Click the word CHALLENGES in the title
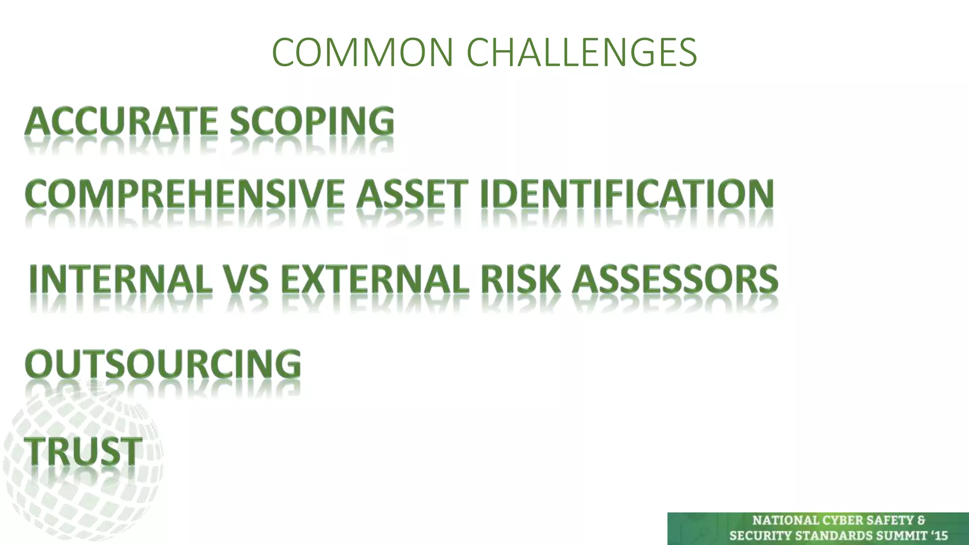point(581,52)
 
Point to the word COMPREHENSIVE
point(185,194)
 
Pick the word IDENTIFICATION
point(627,194)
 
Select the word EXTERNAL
point(375,279)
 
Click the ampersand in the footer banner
point(921,520)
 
